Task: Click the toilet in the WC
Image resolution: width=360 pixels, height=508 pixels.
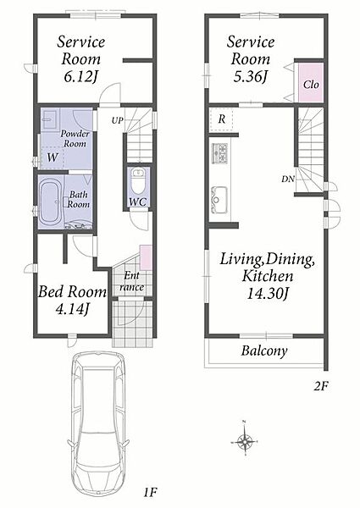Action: tap(139, 180)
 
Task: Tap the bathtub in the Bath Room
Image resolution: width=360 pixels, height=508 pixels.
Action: tap(51, 202)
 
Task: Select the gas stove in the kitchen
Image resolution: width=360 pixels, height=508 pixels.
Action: tap(219, 153)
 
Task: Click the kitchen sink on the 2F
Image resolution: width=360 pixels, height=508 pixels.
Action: tap(219, 200)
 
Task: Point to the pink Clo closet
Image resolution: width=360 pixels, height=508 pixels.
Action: tap(311, 83)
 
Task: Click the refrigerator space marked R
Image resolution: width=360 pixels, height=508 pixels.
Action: tap(222, 119)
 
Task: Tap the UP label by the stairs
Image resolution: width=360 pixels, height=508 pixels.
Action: tap(117, 120)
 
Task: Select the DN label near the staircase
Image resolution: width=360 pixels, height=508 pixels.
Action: tap(287, 179)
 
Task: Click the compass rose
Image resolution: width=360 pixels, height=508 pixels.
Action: tap(245, 439)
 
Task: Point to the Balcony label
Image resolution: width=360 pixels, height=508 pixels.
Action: tap(264, 351)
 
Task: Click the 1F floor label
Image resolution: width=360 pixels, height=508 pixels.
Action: tap(150, 493)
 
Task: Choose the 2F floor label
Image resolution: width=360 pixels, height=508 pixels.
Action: tap(321, 386)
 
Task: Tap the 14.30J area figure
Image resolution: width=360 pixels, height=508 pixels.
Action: tap(267, 294)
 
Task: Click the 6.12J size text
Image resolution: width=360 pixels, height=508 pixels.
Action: tap(80, 77)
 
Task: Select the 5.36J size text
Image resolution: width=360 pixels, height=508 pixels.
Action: tap(251, 76)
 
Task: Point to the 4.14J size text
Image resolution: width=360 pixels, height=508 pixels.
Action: tap(72, 309)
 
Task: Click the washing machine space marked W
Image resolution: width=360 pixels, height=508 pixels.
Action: tap(53, 157)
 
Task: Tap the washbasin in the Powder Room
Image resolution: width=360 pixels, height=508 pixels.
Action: tap(50, 119)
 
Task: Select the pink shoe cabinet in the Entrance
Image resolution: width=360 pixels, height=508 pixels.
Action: tap(146, 257)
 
